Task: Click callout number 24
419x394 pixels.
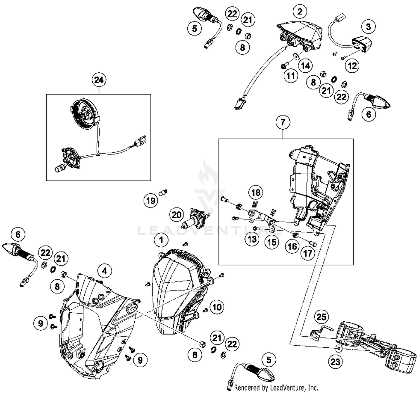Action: [x=99, y=80]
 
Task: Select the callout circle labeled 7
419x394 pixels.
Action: [x=283, y=122]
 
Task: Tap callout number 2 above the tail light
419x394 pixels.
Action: [x=300, y=11]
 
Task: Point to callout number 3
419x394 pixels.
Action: [x=368, y=27]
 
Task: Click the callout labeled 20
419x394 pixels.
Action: [x=177, y=215]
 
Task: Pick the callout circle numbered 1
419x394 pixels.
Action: [x=161, y=240]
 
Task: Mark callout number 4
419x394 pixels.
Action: [x=104, y=271]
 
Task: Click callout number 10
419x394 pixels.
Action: [x=217, y=307]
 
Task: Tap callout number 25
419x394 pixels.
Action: [x=321, y=317]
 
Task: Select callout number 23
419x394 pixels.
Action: [x=335, y=362]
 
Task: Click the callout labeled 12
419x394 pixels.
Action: [x=352, y=66]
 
